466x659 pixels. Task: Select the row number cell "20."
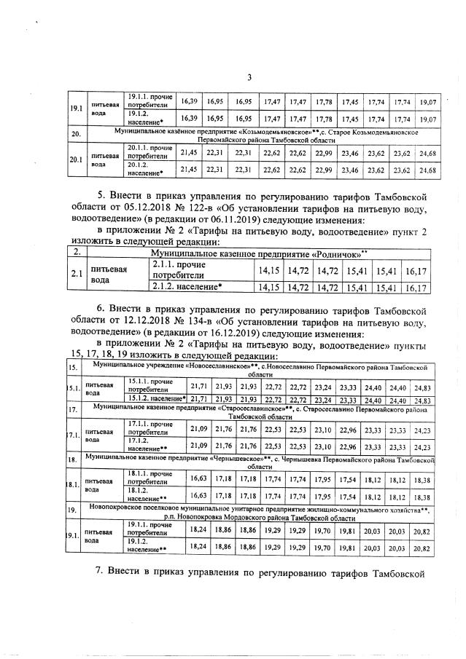[x=74, y=135]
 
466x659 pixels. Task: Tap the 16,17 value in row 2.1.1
[x=414, y=271]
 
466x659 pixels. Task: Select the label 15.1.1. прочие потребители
[x=150, y=385]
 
